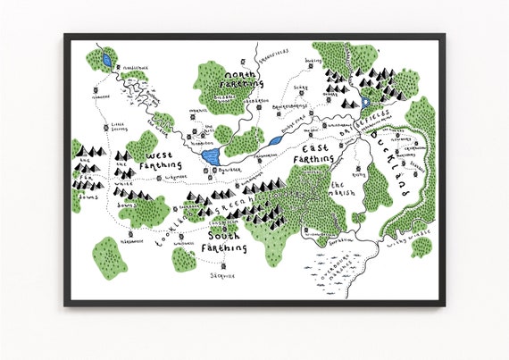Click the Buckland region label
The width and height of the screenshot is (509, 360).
point(389,163)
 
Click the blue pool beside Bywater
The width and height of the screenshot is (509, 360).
point(211,157)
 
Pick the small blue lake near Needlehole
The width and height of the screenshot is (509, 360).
point(107,61)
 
